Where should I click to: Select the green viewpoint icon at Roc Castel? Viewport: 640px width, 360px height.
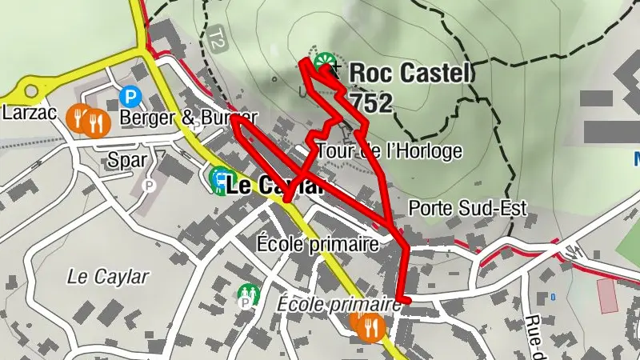point(326,62)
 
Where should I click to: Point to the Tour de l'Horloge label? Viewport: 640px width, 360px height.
point(390,150)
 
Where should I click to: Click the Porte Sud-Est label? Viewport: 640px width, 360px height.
point(468,209)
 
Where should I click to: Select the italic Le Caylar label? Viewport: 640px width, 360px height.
point(108,278)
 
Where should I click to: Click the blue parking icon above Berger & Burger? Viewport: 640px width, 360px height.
point(129,97)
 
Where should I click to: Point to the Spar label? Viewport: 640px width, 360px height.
point(128,160)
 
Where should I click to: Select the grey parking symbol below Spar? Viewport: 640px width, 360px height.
point(147,186)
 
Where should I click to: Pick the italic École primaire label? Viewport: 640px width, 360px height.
point(338,304)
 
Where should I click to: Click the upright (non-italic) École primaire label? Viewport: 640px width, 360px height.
point(317,243)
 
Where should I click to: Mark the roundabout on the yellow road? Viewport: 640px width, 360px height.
point(33,90)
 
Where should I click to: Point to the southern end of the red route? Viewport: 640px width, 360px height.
point(406,300)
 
